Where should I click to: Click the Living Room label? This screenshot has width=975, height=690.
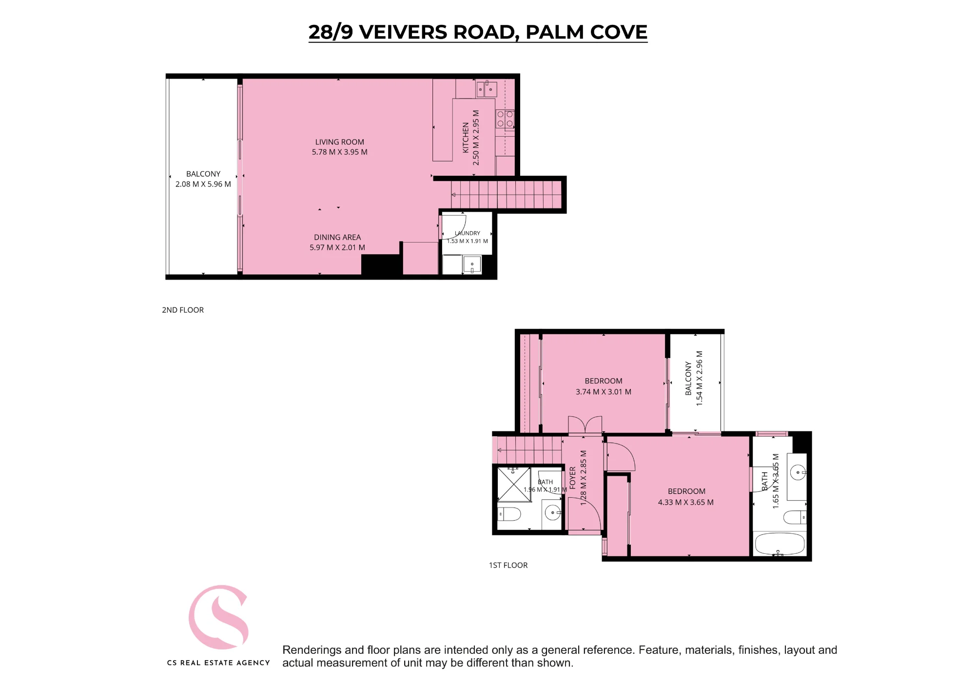click(339, 142)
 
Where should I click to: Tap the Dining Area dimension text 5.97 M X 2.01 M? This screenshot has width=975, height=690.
click(337, 247)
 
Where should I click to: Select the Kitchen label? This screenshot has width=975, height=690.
click(466, 138)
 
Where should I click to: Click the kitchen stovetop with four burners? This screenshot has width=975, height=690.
click(505, 119)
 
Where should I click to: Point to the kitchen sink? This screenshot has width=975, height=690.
click(487, 89)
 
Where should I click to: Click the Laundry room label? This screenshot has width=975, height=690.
click(468, 233)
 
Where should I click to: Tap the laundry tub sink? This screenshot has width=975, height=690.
click(472, 264)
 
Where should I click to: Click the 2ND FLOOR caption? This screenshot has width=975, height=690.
click(183, 310)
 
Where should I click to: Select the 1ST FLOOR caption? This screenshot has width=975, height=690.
click(508, 565)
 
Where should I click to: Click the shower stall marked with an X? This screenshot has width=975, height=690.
click(514, 485)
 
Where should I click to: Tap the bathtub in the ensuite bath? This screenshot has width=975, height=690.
click(780, 544)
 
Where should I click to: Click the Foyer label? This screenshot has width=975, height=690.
click(573, 478)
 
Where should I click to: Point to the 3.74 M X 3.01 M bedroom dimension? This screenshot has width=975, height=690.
click(604, 392)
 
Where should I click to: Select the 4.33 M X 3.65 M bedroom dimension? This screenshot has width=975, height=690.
click(686, 502)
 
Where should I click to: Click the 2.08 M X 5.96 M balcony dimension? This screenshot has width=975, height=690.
click(203, 184)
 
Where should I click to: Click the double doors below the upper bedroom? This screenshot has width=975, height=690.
click(585, 425)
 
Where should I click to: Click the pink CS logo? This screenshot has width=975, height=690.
click(219, 617)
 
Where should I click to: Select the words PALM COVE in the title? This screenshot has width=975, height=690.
click(586, 32)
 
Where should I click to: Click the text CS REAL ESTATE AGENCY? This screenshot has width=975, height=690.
click(218, 663)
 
